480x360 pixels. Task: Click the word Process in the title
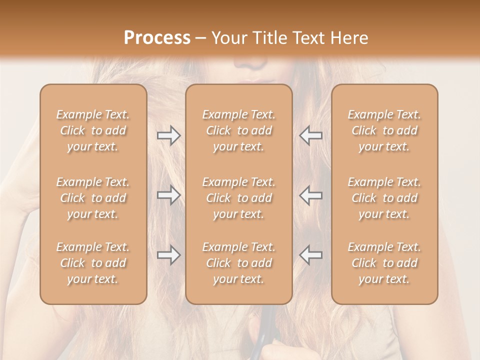point(157,38)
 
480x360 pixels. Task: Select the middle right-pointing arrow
point(168,195)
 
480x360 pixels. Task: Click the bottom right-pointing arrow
point(168,255)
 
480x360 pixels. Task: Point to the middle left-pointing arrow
point(310,195)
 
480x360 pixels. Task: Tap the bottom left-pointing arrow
point(310,255)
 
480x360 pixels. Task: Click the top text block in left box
point(93,130)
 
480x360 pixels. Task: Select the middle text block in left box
point(93,198)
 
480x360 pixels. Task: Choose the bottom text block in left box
point(93,263)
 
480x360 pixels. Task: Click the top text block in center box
point(238,130)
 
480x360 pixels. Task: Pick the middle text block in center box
point(238,198)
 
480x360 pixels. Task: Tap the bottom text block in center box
point(238,263)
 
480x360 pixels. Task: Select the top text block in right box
point(384,130)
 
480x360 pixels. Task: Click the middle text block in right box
point(384,198)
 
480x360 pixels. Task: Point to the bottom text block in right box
point(384,263)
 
